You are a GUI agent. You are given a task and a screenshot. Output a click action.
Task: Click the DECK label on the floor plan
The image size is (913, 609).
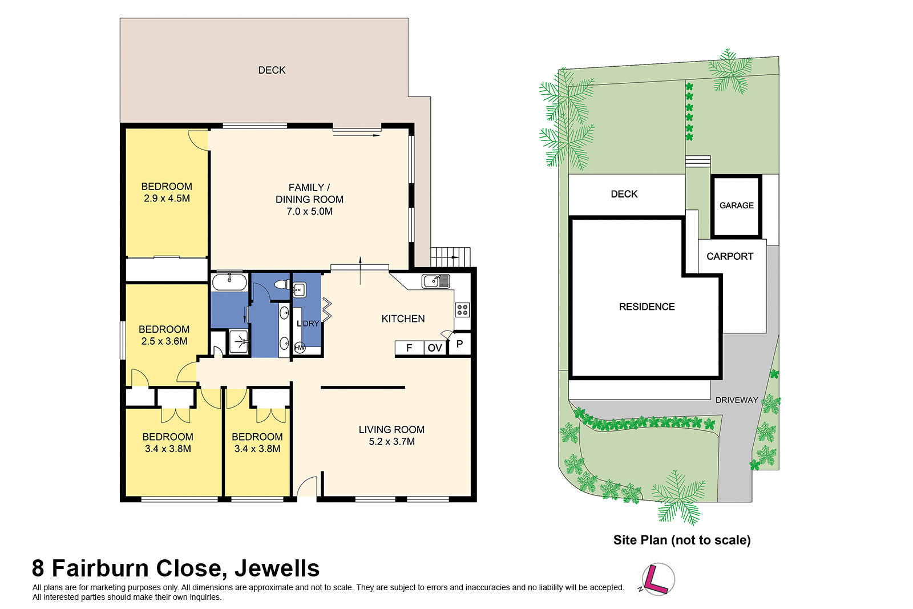point(272,70)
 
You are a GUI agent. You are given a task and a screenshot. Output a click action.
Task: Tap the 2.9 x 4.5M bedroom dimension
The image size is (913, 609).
point(167,199)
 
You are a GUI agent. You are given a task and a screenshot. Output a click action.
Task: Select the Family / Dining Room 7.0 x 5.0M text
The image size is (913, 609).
point(309,199)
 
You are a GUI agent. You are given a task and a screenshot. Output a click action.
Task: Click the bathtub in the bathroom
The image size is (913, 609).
point(229,282)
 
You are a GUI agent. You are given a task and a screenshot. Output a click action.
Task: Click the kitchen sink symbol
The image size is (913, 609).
point(436,281)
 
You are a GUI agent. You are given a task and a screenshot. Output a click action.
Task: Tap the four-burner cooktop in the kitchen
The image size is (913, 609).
point(462,310)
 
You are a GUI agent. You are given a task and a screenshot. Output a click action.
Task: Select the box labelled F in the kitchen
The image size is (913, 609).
point(409,348)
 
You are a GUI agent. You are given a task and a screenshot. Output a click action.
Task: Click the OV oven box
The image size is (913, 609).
point(435,348)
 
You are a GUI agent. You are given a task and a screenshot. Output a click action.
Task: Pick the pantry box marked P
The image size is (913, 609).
point(459,344)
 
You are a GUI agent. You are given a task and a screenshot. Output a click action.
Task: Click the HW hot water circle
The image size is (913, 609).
point(300,348)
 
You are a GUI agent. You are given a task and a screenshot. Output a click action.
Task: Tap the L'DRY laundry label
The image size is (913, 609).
point(308,324)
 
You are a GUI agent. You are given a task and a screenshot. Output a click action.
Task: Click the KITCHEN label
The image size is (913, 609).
point(403,318)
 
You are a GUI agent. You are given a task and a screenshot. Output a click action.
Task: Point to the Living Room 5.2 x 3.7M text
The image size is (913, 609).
point(391,435)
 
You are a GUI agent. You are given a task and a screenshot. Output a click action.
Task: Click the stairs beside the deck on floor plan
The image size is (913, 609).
point(450,257)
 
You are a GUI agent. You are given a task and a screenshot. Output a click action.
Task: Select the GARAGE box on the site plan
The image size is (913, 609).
point(736,205)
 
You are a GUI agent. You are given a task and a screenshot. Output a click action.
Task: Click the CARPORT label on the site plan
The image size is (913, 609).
point(730,256)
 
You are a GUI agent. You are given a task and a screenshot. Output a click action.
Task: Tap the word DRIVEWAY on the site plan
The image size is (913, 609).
point(737,400)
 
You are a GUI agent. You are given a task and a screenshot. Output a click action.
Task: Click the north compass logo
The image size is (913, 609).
point(658,579)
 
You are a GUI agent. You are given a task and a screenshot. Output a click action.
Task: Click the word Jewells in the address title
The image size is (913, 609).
point(277,568)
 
